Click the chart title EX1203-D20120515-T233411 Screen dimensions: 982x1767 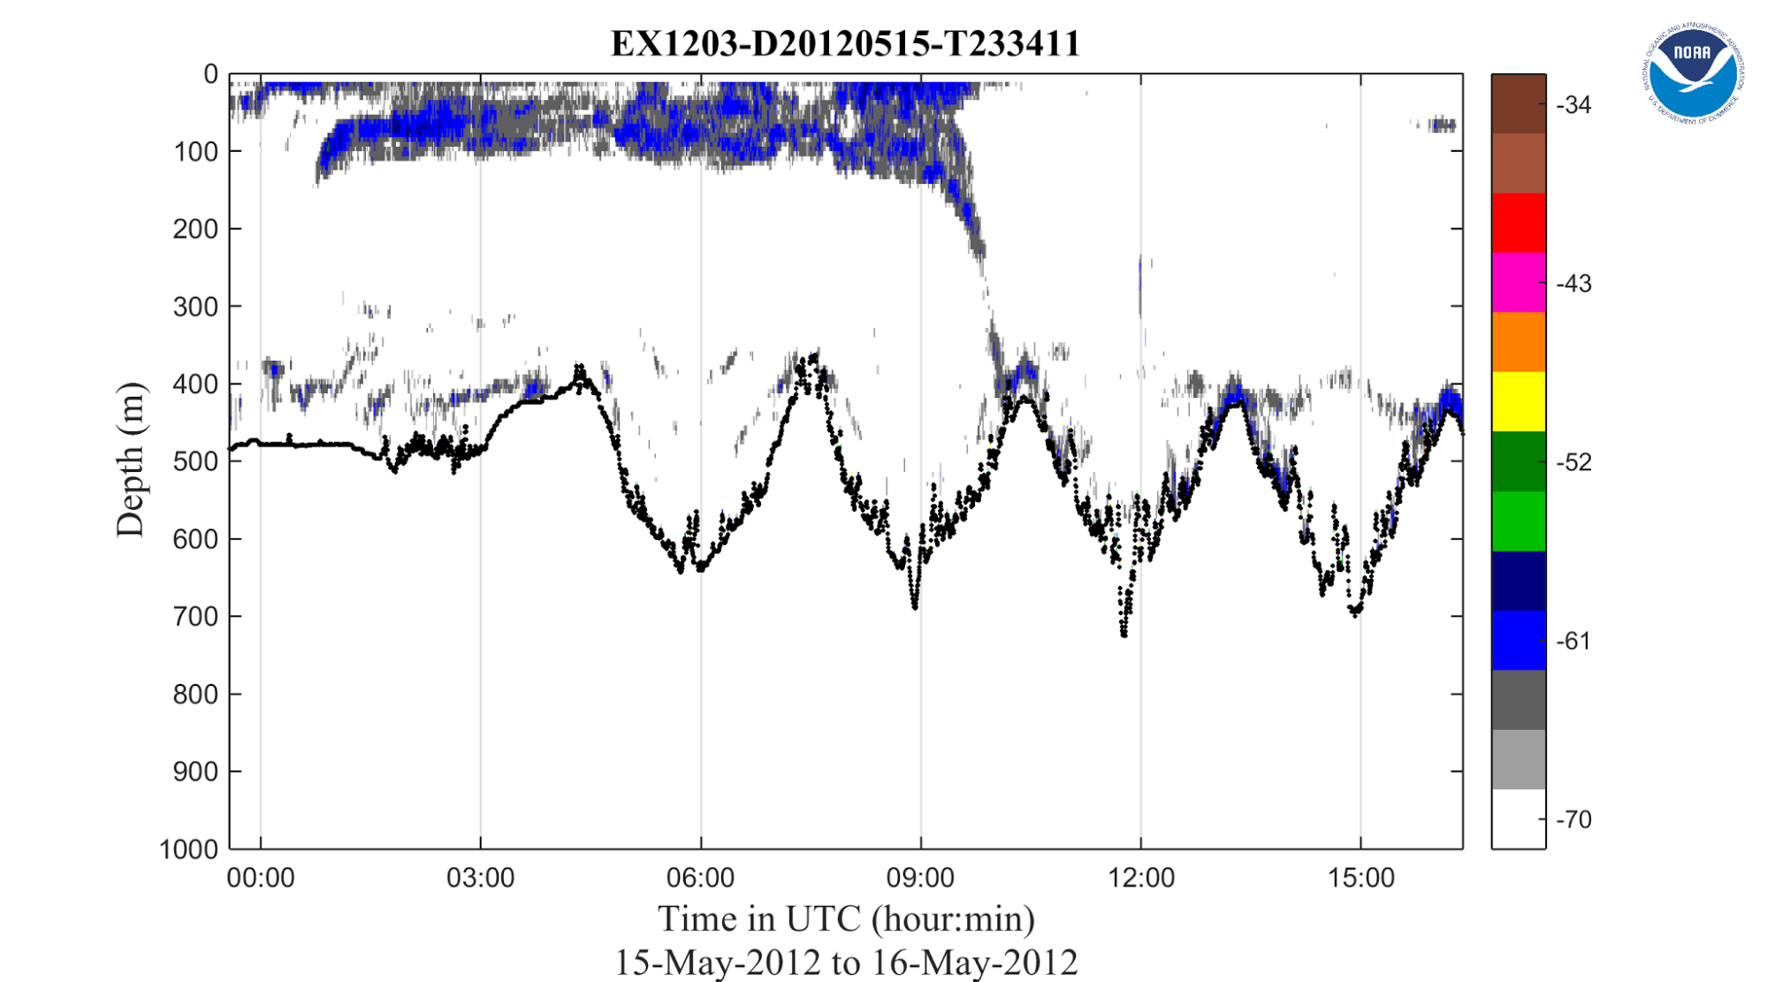(845, 43)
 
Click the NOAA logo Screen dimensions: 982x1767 (1693, 73)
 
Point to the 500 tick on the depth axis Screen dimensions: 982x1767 (195, 461)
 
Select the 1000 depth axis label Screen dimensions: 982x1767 (188, 849)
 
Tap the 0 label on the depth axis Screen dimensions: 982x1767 (210, 74)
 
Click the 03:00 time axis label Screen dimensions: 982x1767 (480, 878)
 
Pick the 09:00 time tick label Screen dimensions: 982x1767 (920, 878)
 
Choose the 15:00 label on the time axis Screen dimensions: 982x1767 (1360, 878)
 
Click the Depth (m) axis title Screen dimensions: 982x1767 (130, 460)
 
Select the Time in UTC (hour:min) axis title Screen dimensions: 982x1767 (846, 919)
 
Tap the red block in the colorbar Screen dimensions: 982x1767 (1518, 223)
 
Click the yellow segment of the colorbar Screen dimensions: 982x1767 (1518, 401)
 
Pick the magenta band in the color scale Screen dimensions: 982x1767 (1518, 283)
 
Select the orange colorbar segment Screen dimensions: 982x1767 (1518, 342)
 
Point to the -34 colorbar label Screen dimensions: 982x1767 (1573, 105)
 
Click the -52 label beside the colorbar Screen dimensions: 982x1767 (1573, 462)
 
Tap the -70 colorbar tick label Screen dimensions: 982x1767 (1573, 819)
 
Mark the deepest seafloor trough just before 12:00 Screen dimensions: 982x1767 (1124, 633)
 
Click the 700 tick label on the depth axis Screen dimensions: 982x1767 (195, 616)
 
